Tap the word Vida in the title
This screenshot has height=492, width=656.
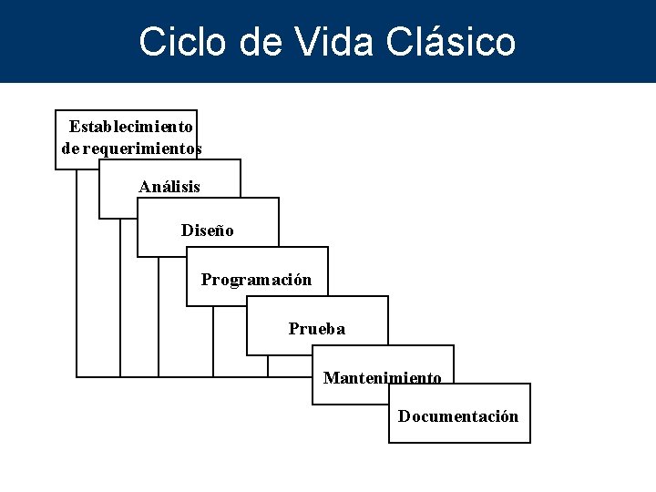tap(333, 42)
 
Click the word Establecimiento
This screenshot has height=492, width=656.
tap(131, 126)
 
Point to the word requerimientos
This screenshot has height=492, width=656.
tap(142, 148)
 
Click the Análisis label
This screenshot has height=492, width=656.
tap(169, 187)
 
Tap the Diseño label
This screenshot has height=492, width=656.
tap(208, 231)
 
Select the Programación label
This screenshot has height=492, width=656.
tap(256, 280)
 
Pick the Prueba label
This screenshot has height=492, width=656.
tap(317, 329)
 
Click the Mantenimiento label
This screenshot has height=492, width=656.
tap(383, 377)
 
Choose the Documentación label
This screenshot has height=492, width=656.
tap(458, 416)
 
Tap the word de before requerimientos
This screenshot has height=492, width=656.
tap(70, 148)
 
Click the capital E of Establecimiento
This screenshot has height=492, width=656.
tap(75, 126)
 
